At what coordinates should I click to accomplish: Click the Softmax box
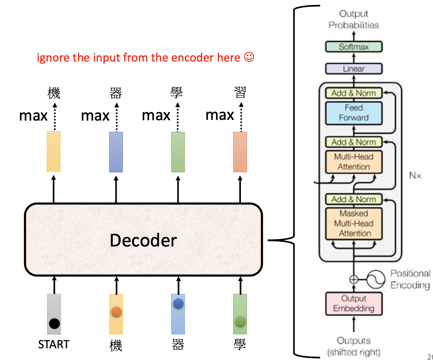(x=353, y=47)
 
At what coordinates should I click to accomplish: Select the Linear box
(x=353, y=69)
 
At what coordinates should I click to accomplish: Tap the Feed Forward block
(x=353, y=113)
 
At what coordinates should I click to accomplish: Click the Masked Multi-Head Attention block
(x=353, y=223)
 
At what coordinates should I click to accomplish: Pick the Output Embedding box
(x=353, y=303)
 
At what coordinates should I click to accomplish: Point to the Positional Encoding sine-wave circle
(x=375, y=279)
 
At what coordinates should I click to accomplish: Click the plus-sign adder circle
(x=353, y=279)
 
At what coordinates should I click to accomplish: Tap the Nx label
(x=415, y=175)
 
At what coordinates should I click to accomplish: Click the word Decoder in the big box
(x=143, y=240)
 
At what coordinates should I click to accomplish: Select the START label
(x=54, y=344)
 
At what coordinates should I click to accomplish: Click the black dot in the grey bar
(x=54, y=323)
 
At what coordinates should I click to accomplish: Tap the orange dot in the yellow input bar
(x=116, y=312)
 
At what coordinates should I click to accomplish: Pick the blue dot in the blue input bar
(x=178, y=303)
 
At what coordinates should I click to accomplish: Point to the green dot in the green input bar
(x=240, y=321)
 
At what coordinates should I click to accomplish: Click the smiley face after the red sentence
(x=249, y=57)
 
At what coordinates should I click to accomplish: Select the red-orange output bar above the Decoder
(x=240, y=152)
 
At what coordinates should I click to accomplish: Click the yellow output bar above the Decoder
(x=54, y=151)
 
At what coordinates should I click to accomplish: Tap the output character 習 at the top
(x=240, y=93)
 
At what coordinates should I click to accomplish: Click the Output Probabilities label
(x=353, y=19)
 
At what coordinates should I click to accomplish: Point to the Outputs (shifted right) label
(x=353, y=346)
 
